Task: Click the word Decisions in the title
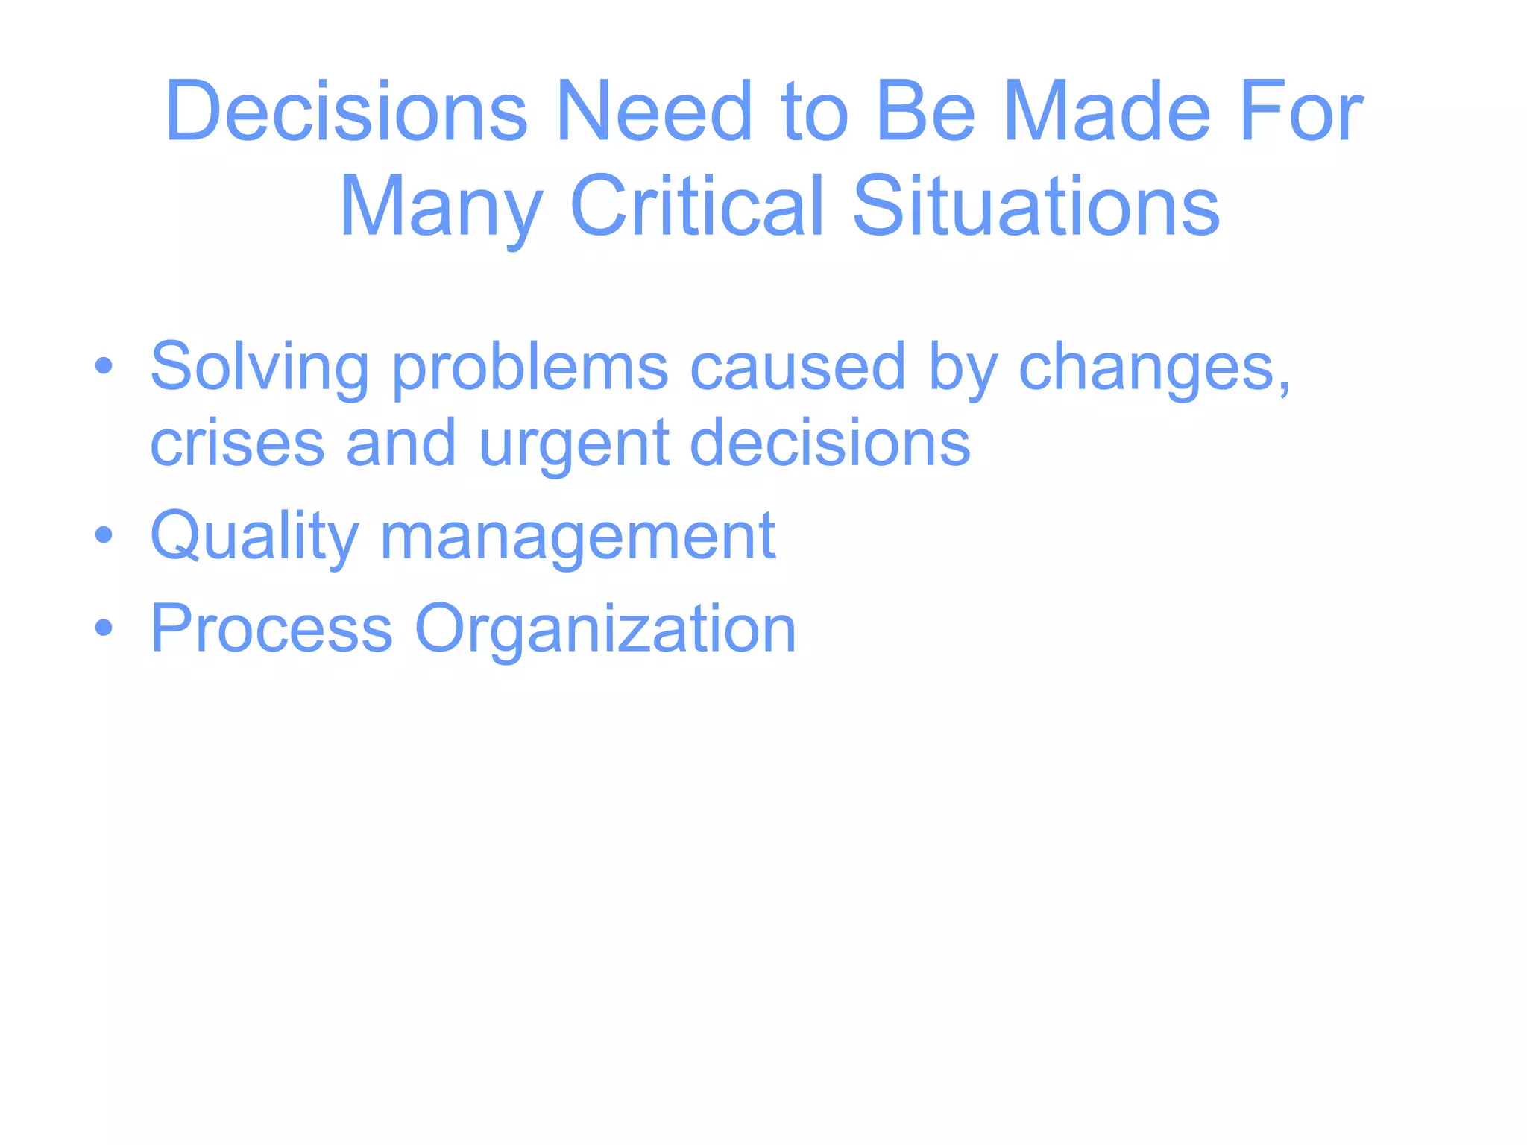(347, 112)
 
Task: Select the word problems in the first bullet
(530, 368)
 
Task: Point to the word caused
(798, 366)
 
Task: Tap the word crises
(237, 443)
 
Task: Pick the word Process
(271, 629)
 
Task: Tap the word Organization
(605, 631)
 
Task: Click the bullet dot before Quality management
(104, 534)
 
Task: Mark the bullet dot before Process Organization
(104, 628)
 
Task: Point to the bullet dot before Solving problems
(104, 366)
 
